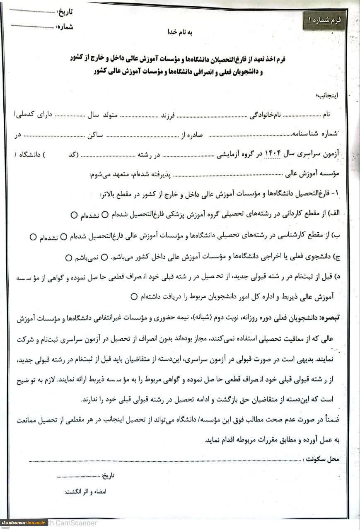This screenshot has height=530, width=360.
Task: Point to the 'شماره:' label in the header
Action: coord(63,26)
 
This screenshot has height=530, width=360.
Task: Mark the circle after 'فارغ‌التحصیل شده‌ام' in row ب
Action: coord(64,237)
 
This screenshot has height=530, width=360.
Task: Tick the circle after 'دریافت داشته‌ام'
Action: coord(133,296)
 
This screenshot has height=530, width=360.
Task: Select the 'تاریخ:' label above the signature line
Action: coord(107,476)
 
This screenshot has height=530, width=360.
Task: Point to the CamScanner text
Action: coord(75,523)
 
